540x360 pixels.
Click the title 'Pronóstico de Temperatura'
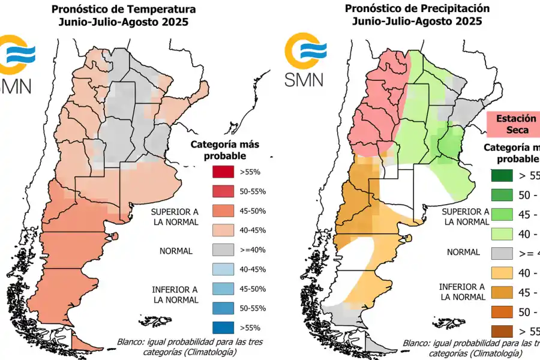123,10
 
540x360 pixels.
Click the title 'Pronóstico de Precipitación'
416,8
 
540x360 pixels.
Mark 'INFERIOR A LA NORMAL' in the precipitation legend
462,292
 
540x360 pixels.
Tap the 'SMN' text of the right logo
304,79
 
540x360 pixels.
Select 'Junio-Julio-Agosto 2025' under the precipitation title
416,22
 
